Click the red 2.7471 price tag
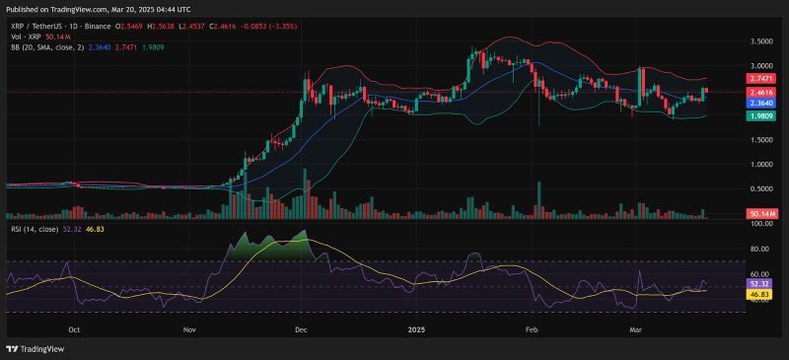click(759, 77)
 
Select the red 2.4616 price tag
click(759, 92)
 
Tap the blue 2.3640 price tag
click(759, 103)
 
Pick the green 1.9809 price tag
click(759, 115)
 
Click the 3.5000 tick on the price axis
click(759, 41)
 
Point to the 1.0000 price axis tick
click(759, 164)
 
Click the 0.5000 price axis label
click(759, 188)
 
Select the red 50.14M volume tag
click(762, 213)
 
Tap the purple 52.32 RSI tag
click(758, 283)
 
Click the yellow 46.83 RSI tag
click(758, 294)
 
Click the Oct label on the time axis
click(74, 331)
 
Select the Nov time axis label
click(189, 331)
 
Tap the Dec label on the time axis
click(301, 331)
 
